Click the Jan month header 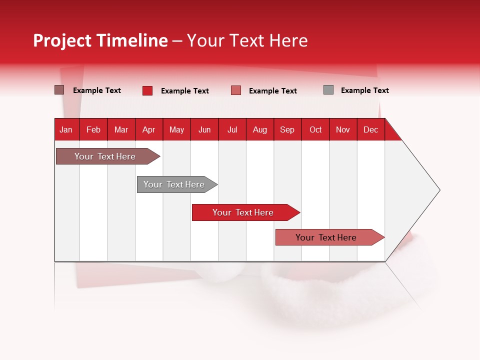tap(66, 129)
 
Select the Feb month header tap(93, 129)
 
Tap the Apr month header tap(148, 129)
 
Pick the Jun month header tap(204, 129)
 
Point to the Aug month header tap(260, 129)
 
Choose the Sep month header tap(287, 129)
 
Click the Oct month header tap(315, 129)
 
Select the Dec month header tap(370, 129)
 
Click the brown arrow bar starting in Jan tap(105, 156)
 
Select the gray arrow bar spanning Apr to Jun tap(174, 184)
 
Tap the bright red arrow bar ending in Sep tap(243, 212)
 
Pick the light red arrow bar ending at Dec tap(326, 237)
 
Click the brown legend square tap(59, 90)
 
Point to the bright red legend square tap(147, 90)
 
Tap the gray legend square tap(328, 90)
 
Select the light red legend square tap(236, 90)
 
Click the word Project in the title tap(62, 40)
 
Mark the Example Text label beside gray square tap(364, 90)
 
